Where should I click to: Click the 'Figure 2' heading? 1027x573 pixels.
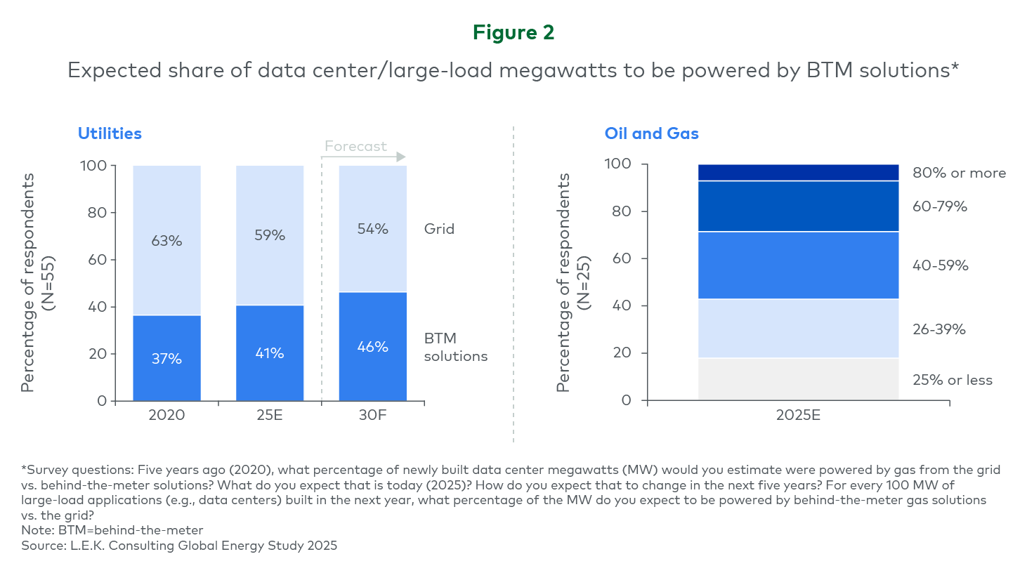point(513,32)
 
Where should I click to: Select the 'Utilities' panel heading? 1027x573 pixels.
point(110,133)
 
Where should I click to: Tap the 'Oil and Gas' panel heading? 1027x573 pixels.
point(651,133)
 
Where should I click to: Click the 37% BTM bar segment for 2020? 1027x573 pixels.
point(167,358)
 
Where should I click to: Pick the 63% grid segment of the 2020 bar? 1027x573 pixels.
point(167,240)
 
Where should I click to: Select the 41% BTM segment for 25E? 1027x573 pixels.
point(270,353)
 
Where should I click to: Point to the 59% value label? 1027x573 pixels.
point(270,235)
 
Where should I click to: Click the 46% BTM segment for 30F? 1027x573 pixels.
point(373,347)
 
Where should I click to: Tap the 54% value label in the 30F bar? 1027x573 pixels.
point(373,229)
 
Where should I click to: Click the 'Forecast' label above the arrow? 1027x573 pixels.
point(355,146)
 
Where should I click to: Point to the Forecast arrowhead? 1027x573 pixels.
point(401,157)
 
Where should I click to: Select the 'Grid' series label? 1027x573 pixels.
point(439,229)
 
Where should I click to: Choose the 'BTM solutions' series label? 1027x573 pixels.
point(455,347)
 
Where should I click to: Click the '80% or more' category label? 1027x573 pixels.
point(959,173)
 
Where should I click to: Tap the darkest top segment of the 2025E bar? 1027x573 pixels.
point(798,172)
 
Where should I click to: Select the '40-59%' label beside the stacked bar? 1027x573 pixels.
point(940,265)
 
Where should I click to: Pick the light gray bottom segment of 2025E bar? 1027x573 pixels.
point(798,379)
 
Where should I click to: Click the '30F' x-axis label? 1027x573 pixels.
point(373,415)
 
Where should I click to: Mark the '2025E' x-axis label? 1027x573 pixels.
point(798,415)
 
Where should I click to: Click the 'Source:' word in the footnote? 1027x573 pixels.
point(44,546)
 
